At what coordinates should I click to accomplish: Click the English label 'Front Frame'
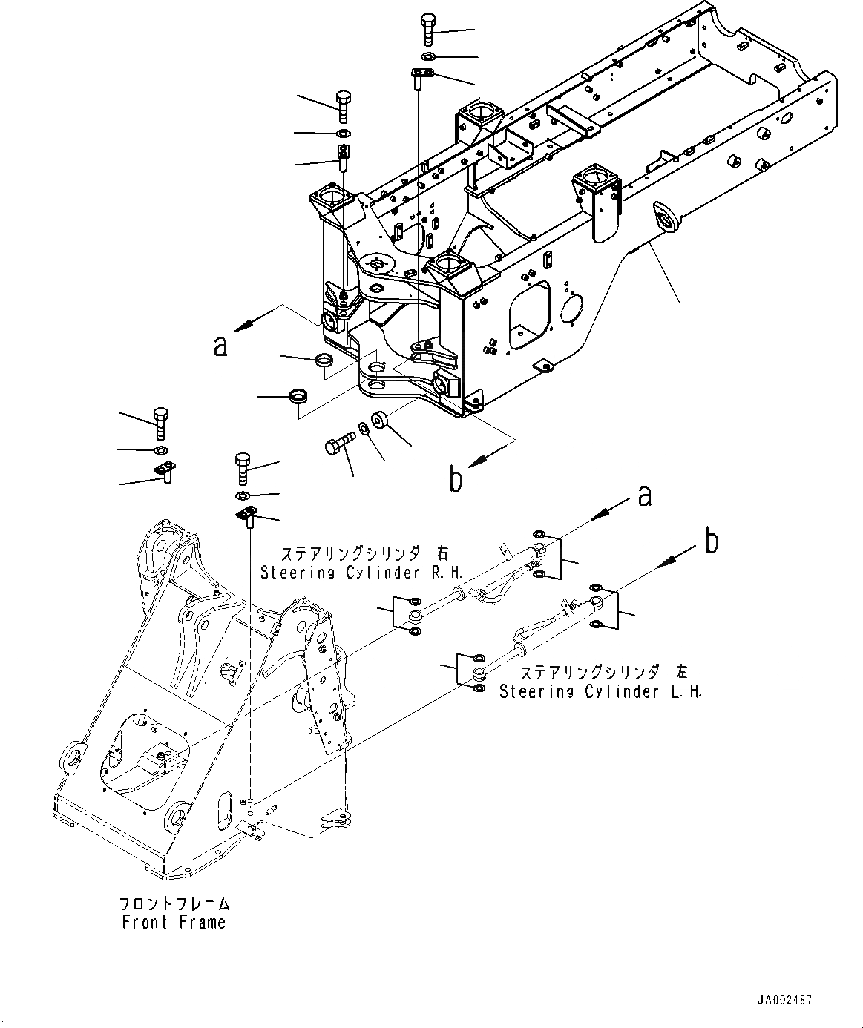coord(174,922)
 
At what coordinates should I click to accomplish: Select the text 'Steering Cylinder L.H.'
coord(600,691)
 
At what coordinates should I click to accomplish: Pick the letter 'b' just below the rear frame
coord(456,480)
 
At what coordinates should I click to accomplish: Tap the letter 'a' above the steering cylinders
coord(644,496)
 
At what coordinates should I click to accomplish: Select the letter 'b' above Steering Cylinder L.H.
coord(711,543)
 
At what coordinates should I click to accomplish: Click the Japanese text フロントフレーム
coord(174,904)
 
